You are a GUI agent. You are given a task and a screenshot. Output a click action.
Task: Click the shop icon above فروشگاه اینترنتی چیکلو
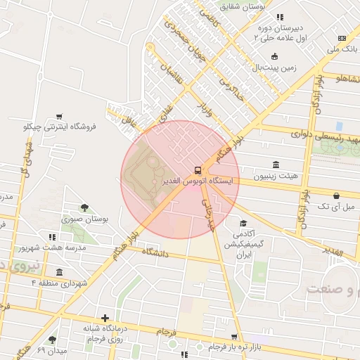coord(59,117)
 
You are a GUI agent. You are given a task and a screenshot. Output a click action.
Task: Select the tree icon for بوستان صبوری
coord(85,207)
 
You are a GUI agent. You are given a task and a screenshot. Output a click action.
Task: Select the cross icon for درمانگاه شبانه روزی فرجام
coord(105,318)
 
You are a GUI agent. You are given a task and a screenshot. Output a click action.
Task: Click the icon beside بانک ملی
coord(342,38)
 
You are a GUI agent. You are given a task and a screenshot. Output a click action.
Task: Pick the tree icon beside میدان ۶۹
coord(52,340)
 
